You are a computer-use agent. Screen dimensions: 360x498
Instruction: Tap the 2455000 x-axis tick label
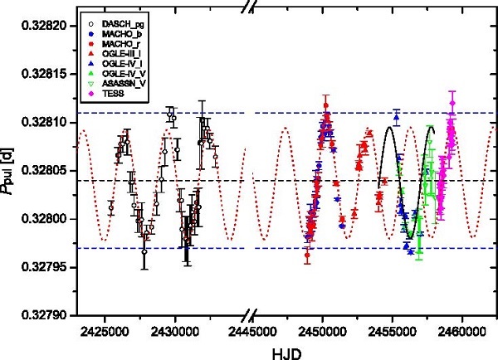393,330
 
